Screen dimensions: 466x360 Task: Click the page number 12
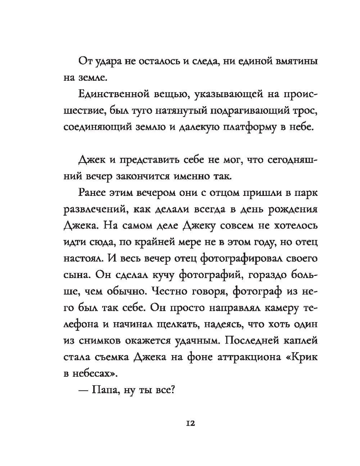(190, 424)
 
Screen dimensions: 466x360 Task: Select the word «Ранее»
(92, 193)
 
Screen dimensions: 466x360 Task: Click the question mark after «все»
(172, 390)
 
